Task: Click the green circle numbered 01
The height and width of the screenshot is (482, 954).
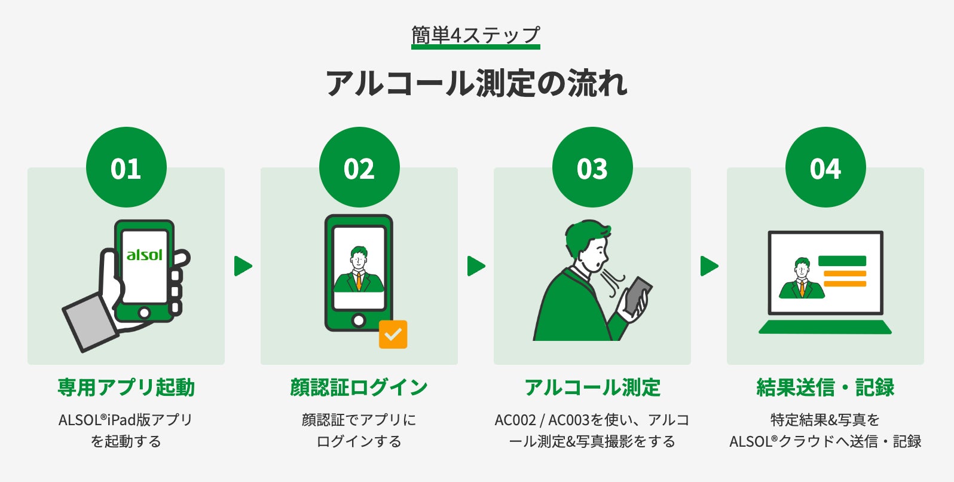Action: point(126,167)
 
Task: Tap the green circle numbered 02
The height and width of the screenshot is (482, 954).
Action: point(359,167)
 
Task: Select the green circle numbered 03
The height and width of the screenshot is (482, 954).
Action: point(592,167)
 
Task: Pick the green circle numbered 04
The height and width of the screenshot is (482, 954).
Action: point(825,167)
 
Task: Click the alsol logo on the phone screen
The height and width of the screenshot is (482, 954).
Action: point(145,255)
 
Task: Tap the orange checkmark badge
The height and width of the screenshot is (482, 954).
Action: point(393,334)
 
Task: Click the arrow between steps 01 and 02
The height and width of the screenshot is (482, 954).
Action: point(243,266)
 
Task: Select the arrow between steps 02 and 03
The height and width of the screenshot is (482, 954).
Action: point(476,266)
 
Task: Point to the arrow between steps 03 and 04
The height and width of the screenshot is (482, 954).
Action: point(709,266)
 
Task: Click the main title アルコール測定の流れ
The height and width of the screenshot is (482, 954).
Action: point(476,83)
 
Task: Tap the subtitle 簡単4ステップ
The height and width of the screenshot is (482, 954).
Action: point(476,35)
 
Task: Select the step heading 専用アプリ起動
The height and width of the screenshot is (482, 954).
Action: point(126,388)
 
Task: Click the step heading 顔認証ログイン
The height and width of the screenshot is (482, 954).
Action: point(359,388)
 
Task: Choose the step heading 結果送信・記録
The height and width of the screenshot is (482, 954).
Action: point(825,388)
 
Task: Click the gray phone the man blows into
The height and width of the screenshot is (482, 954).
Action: point(636,294)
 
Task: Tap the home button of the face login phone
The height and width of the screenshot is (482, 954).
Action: point(359,321)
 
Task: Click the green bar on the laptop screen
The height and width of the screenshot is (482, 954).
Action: point(842,261)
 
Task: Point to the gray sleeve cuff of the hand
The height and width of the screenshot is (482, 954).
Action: point(90,321)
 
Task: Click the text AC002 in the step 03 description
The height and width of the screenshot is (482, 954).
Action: point(515,420)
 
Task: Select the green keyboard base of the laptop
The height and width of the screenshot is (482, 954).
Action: point(825,328)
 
